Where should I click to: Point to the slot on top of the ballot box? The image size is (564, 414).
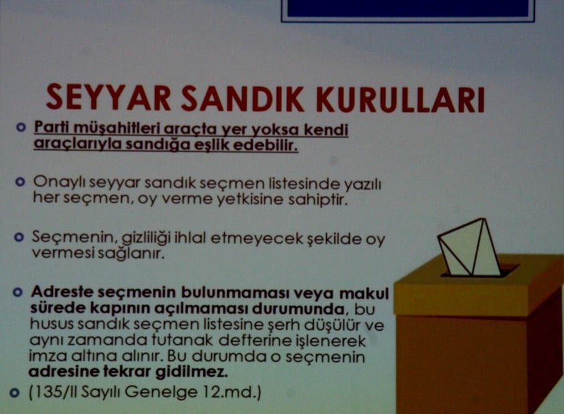(479, 271)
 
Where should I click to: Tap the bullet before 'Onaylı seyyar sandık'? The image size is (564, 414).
(20, 183)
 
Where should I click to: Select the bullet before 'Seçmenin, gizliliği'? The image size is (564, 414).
(20, 238)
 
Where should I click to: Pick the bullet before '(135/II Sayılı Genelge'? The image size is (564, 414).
(16, 392)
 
